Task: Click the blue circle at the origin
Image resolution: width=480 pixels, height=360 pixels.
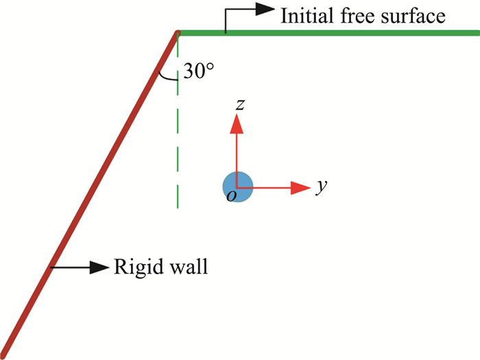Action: coord(238,186)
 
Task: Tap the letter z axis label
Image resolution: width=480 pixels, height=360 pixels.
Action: coord(239,104)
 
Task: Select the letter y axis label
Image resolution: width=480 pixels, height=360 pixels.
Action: coord(320,186)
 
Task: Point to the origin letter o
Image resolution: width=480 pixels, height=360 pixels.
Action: coord(232,197)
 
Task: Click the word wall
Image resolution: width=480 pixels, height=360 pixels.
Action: coord(185,266)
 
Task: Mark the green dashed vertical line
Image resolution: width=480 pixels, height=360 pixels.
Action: coord(178,137)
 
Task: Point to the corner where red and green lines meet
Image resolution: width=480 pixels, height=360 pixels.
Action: coord(177,33)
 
